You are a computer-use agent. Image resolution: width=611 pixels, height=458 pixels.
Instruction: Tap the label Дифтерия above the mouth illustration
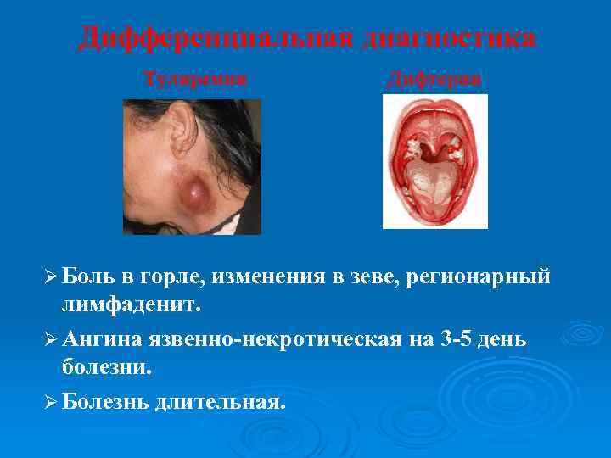point(434,79)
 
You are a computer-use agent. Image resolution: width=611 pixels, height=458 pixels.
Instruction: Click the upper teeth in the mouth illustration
point(435,108)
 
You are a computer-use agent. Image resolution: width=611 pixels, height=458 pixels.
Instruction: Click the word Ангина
point(103,339)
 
